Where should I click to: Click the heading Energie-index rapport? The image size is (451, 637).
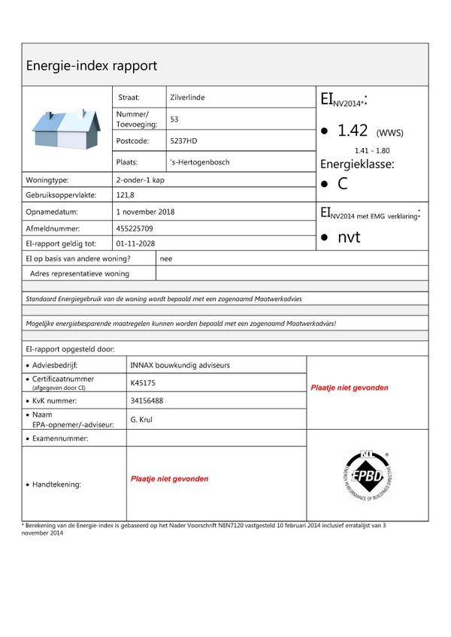pyautogui.click(x=92, y=65)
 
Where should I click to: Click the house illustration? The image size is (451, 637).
pyautogui.click(x=67, y=129)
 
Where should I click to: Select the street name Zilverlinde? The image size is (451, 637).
pyautogui.click(x=187, y=98)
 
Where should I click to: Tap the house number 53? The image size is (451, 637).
pyautogui.click(x=174, y=119)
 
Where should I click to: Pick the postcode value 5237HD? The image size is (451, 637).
pyautogui.click(x=183, y=140)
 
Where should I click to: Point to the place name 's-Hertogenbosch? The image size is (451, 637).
pyautogui.click(x=200, y=162)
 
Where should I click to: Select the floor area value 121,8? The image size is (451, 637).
pyautogui.click(x=126, y=195)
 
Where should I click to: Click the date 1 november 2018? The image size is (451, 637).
pyautogui.click(x=145, y=212)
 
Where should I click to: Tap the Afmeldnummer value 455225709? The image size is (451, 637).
pyautogui.click(x=135, y=228)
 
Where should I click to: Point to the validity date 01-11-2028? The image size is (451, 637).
pyautogui.click(x=135, y=244)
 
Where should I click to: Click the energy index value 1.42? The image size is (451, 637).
pyautogui.click(x=353, y=131)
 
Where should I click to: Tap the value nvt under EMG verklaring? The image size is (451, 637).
pyautogui.click(x=349, y=237)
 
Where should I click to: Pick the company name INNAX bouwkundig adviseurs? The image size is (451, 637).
pyautogui.click(x=180, y=365)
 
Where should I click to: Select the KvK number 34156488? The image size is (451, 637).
pyautogui.click(x=147, y=400)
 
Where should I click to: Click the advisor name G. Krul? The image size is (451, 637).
pyautogui.click(x=141, y=419)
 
